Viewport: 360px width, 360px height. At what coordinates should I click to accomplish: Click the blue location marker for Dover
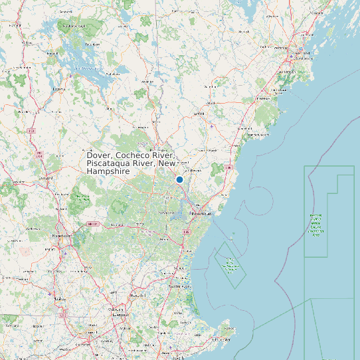[x=179, y=179]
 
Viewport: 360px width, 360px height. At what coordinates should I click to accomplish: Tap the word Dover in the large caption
[x=99, y=155]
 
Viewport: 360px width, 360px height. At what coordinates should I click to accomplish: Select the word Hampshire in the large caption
[x=108, y=171]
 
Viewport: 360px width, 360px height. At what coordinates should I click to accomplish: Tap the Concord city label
[x=46, y=178]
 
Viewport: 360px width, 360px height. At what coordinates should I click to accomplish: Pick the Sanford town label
[x=198, y=114]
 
